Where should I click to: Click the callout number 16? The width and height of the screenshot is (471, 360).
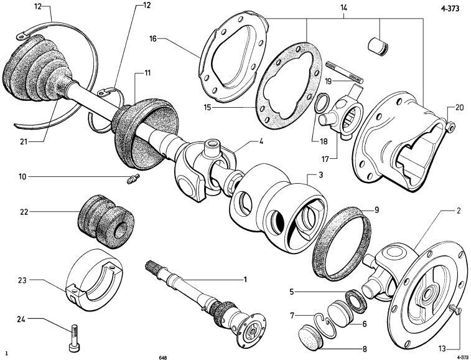coord(152,39)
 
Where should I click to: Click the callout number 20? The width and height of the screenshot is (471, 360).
coord(459,107)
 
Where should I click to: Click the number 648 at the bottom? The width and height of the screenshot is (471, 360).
coord(162,357)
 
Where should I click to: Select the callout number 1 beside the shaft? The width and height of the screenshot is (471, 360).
coord(245,280)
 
